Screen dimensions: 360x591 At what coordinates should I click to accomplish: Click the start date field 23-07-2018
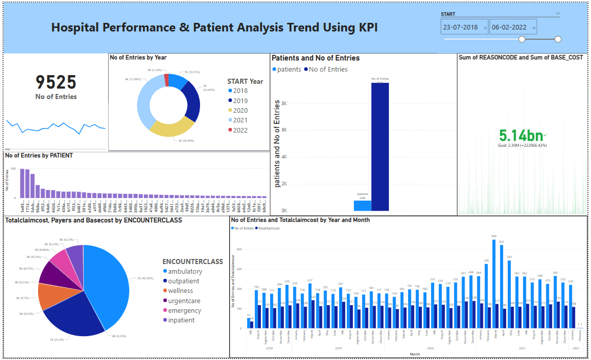coord(461,27)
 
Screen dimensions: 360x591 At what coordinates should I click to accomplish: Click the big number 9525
coord(56,82)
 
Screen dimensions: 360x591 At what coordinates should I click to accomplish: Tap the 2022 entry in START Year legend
coord(240,130)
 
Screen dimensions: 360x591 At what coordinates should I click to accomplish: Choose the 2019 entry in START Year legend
coord(240,101)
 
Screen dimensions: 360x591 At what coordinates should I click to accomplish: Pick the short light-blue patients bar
coord(363,206)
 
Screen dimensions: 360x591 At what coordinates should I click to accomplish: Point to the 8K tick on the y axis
coord(284,104)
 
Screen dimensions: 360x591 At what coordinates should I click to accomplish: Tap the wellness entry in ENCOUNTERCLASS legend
coord(180,291)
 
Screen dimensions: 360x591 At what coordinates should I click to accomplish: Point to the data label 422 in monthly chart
coord(502,242)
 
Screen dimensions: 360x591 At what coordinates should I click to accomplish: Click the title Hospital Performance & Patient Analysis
coord(214,27)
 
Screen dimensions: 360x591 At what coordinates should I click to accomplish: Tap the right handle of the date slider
coord(558,39)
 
